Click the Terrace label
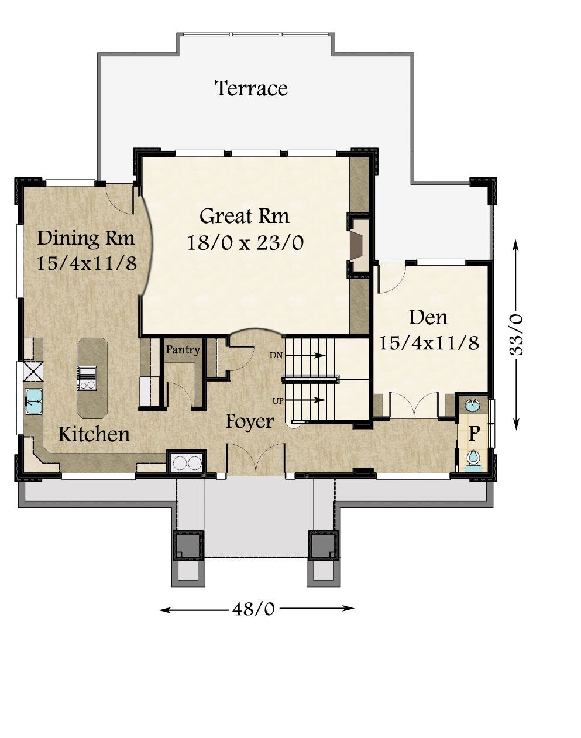point(252,88)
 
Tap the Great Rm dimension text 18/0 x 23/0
point(246,243)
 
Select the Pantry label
point(183,350)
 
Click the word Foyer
point(250,421)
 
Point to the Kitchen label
point(94,434)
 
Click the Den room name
point(428,318)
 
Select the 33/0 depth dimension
point(515,334)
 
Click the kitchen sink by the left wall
point(33,401)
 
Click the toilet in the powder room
point(473,458)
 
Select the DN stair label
point(276,356)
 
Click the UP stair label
point(277,400)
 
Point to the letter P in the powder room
point(473,434)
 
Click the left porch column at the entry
point(187,545)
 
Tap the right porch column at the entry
point(323,545)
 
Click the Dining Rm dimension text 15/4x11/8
point(87,263)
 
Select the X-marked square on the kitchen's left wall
point(33,372)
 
